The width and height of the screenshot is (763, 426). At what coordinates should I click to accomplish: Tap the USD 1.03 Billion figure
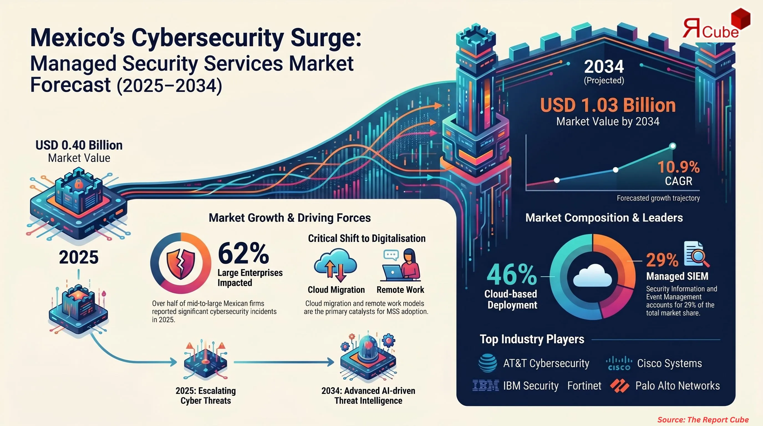pyautogui.click(x=608, y=105)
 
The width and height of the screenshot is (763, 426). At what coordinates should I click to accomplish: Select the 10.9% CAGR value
pyautogui.click(x=678, y=168)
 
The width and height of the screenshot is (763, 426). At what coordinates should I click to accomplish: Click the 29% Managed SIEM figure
pyautogui.click(x=662, y=260)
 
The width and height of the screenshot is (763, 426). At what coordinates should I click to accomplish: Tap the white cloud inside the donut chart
pyautogui.click(x=592, y=276)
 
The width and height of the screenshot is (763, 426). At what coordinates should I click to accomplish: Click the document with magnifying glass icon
pyautogui.click(x=696, y=255)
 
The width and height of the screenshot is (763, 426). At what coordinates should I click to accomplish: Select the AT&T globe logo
pyautogui.click(x=487, y=363)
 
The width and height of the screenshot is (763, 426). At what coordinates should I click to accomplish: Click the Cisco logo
pyautogui.click(x=619, y=364)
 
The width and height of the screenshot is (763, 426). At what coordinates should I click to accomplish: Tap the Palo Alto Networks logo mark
pyautogui.click(x=620, y=386)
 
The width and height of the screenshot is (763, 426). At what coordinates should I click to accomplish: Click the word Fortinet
pyautogui.click(x=584, y=386)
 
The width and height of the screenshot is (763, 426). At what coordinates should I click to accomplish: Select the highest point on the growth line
pyautogui.click(x=673, y=146)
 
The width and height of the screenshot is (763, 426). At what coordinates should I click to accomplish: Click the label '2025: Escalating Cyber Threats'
pyautogui.click(x=205, y=395)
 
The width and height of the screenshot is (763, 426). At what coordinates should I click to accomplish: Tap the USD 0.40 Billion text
pyautogui.click(x=79, y=145)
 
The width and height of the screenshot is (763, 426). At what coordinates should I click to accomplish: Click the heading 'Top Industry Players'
pyautogui.click(x=532, y=339)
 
